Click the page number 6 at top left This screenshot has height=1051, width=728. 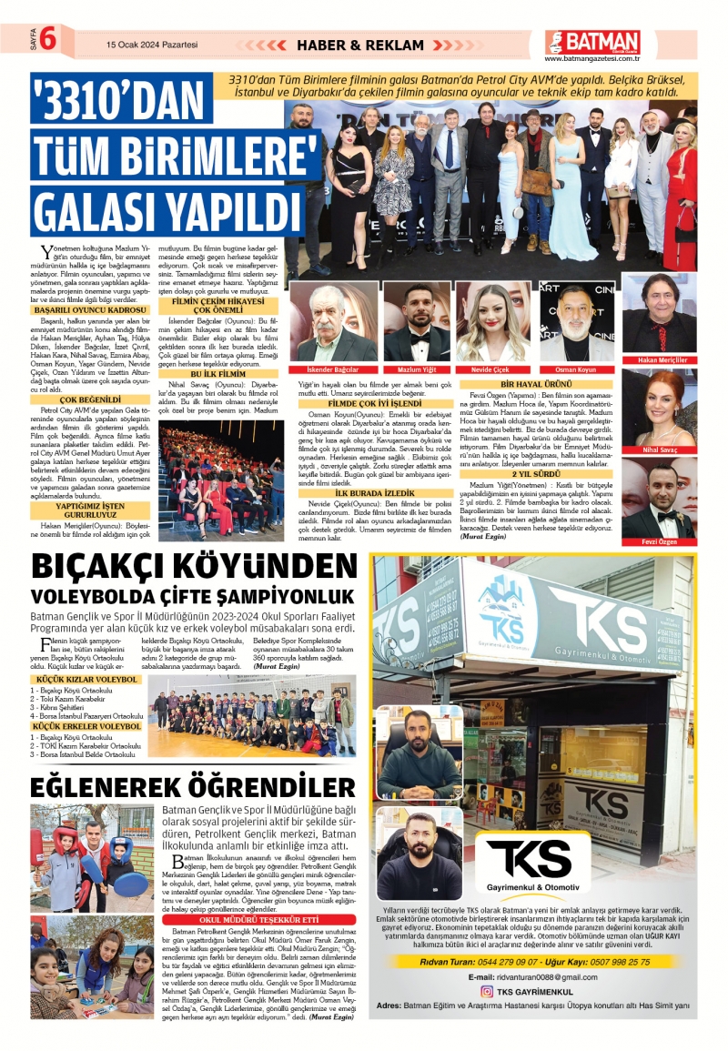point(47,41)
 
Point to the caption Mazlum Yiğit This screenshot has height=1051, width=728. point(417,369)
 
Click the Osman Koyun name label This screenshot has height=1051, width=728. point(575,369)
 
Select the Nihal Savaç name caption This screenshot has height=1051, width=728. point(659,450)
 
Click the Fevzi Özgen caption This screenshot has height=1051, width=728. point(659,541)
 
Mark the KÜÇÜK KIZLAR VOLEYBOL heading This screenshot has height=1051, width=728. point(86,679)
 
